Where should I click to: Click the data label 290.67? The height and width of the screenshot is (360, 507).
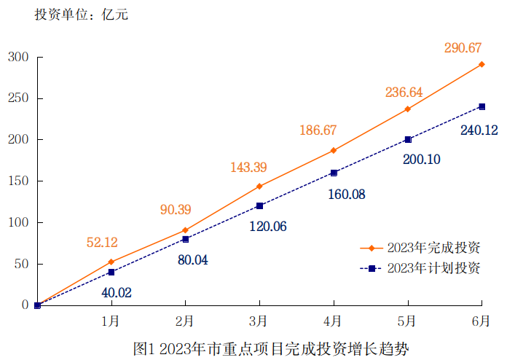pyautogui.click(x=463, y=48)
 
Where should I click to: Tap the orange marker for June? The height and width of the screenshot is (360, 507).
pyautogui.click(x=482, y=64)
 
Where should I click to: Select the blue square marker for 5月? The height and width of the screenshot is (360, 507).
pyautogui.click(x=408, y=139)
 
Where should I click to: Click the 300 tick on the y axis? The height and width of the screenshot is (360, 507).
pyautogui.click(x=17, y=57)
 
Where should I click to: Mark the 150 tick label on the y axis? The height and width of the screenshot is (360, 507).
pyautogui.click(x=17, y=181)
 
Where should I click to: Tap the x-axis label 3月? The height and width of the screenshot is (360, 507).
pyautogui.click(x=258, y=321)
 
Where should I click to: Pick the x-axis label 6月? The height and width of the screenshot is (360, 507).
pyautogui.click(x=481, y=321)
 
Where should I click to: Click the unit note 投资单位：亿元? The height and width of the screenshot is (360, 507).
pyautogui.click(x=81, y=15)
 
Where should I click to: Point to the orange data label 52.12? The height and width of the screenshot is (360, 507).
pyautogui.click(x=102, y=243)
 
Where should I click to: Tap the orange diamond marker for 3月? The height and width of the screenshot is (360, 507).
pyautogui.click(x=259, y=187)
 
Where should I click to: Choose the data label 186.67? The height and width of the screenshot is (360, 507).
pyautogui.click(x=318, y=130)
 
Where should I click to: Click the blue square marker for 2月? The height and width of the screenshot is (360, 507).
pyautogui.click(x=185, y=239)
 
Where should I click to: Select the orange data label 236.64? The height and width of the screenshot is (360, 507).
pyautogui.click(x=404, y=93)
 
